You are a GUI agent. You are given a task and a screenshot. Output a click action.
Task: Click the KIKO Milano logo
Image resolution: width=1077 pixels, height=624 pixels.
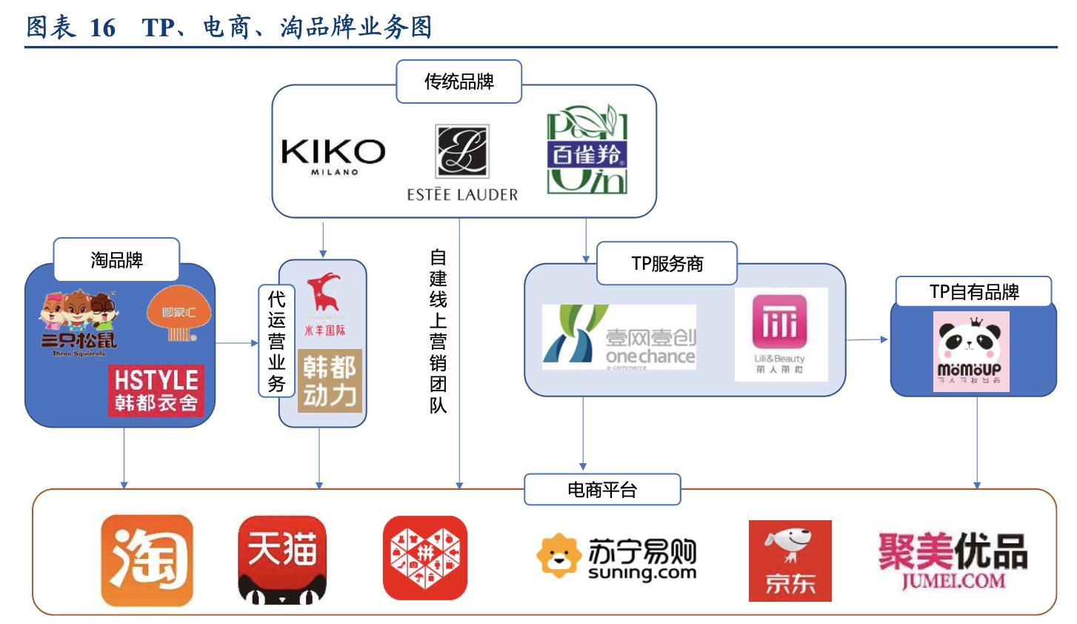point(333,156)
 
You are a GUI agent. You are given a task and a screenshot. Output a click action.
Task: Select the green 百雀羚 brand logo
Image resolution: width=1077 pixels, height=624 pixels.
point(587,153)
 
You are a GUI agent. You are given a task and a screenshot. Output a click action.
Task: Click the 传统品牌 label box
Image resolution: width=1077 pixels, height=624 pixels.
point(459,82)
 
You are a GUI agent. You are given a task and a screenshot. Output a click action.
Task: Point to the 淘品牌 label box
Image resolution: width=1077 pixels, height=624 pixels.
point(116,259)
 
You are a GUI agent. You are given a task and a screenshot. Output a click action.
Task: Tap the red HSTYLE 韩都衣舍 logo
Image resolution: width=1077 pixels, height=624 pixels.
point(156,391)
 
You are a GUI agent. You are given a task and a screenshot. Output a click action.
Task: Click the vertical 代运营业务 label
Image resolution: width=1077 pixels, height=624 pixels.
point(276,341)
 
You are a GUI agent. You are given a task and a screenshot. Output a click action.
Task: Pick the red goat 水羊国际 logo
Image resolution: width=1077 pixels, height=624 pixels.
point(324,304)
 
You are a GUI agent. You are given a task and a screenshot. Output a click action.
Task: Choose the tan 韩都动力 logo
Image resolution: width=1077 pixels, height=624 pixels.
point(330,381)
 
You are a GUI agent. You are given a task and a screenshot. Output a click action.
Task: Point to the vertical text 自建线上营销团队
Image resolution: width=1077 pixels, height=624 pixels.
point(439,331)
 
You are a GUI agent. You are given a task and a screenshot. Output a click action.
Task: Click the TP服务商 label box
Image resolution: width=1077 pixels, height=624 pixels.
point(667,263)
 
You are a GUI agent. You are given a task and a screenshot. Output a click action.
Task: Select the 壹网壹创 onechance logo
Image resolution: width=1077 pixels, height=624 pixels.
point(619,338)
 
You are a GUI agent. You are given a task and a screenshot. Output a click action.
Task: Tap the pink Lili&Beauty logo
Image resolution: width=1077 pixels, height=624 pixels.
point(780,333)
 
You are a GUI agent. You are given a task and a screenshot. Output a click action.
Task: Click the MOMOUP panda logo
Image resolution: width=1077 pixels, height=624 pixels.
point(970,351)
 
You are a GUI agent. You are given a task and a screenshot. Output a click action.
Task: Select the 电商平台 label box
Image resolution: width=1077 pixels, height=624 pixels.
point(602,490)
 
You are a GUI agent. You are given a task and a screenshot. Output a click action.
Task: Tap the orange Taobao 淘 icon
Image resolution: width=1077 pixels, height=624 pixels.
point(147,560)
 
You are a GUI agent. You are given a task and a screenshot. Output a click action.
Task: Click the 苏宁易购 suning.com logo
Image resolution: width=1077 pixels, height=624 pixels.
point(616,558)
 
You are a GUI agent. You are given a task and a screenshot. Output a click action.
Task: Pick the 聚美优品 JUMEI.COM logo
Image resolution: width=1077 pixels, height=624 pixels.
point(953,560)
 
